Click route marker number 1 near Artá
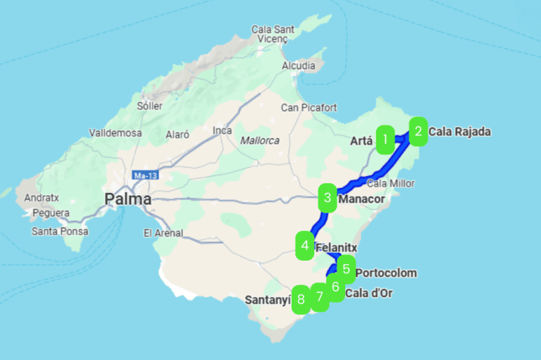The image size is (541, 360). pos(385,139)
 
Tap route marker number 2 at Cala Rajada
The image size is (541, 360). pos(418,131)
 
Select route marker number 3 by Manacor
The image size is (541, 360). pos(328,198)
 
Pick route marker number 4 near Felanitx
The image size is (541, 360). pos(305,246)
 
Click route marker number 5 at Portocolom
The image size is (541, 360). pos(346,269)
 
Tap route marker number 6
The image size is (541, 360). pos(335,287)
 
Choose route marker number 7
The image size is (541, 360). pos(319,297)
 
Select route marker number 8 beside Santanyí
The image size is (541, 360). pos(301,299)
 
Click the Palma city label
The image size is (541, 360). pos(128,199)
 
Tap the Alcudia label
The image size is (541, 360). pos(298,66)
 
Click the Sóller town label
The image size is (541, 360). pos(149,106)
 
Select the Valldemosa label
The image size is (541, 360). pos(116,132)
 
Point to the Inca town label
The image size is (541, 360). pos(222,130)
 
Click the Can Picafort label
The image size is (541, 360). pos(309,108)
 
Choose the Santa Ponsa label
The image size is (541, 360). pos(60,231)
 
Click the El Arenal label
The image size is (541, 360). pos(163,232)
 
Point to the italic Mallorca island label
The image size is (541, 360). pos(260,140)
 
